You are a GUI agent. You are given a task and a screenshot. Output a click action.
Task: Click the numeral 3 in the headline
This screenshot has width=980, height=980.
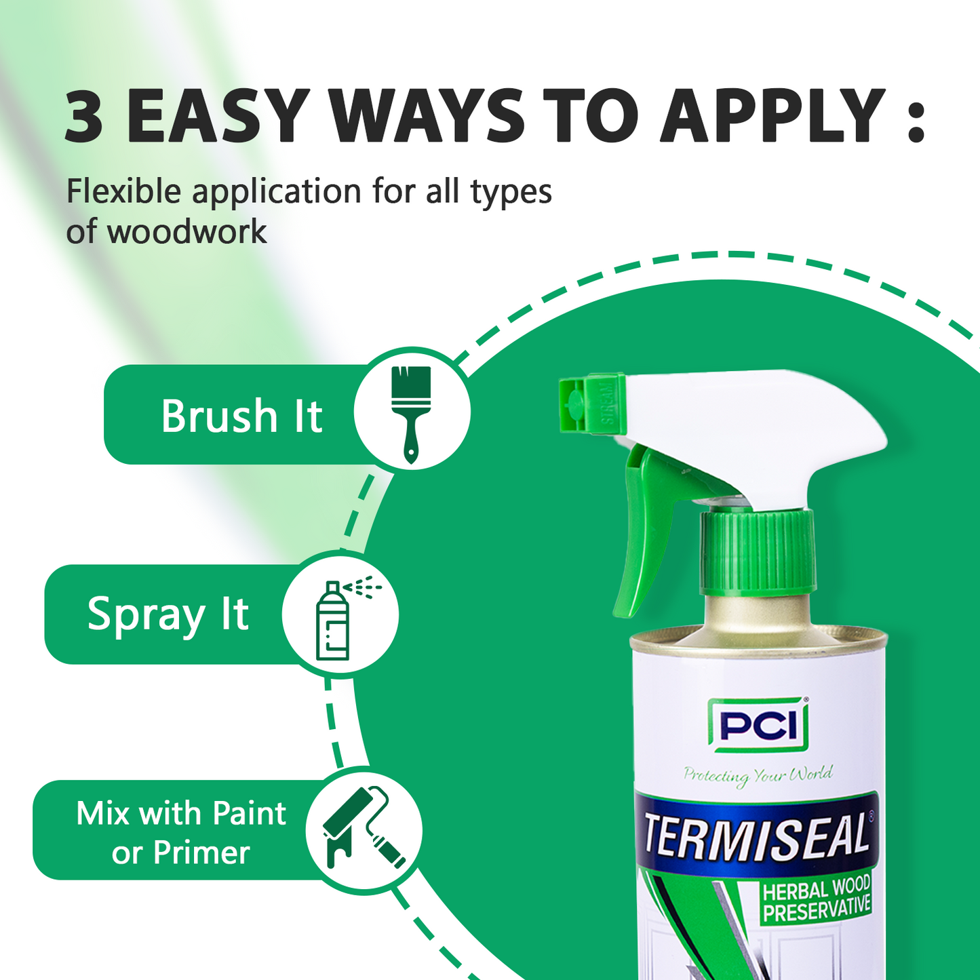[84, 116]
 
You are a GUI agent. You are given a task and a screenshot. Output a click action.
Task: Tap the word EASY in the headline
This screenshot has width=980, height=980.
[219, 116]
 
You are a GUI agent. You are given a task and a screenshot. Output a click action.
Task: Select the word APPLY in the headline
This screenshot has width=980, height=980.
[772, 116]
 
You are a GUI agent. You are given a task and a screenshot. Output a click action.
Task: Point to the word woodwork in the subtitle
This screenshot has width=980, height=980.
[187, 232]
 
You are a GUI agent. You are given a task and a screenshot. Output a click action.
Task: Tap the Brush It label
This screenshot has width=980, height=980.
[241, 415]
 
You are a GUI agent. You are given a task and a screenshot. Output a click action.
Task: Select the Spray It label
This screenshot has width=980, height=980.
[168, 614]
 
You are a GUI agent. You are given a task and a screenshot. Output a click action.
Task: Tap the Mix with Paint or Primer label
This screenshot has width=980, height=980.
[181, 832]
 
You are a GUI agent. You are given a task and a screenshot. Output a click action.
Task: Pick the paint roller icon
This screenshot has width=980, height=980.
[363, 828]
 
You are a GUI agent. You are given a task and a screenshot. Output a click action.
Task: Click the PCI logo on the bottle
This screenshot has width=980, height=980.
[758, 726]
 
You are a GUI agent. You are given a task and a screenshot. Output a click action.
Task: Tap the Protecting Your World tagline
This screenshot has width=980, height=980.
[757, 775]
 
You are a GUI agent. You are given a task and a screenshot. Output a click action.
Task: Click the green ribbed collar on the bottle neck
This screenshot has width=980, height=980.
[758, 553]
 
